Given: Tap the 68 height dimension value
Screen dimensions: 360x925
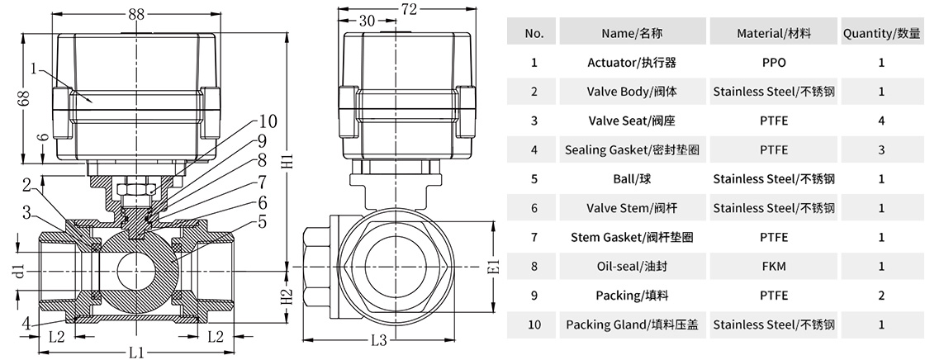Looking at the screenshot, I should click(24, 97).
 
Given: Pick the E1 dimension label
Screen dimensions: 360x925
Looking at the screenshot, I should click(494, 268).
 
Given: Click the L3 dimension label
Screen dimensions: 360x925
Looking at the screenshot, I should click(379, 339).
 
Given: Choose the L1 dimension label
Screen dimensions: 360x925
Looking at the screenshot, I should click(138, 350).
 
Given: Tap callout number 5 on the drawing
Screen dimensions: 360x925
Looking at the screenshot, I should click(262, 220).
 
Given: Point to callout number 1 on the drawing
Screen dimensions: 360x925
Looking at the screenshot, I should click(33, 70).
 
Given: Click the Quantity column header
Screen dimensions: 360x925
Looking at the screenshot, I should click(881, 33).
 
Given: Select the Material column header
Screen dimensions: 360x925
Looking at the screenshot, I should click(774, 33).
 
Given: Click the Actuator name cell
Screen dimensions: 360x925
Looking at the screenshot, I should click(632, 62).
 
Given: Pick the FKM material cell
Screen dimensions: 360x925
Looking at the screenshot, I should click(774, 266).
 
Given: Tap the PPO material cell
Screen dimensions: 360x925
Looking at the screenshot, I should click(774, 62).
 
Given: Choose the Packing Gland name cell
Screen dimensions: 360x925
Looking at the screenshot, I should click(632, 324).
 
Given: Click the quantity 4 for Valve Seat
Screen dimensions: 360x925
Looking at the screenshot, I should click(881, 121).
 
